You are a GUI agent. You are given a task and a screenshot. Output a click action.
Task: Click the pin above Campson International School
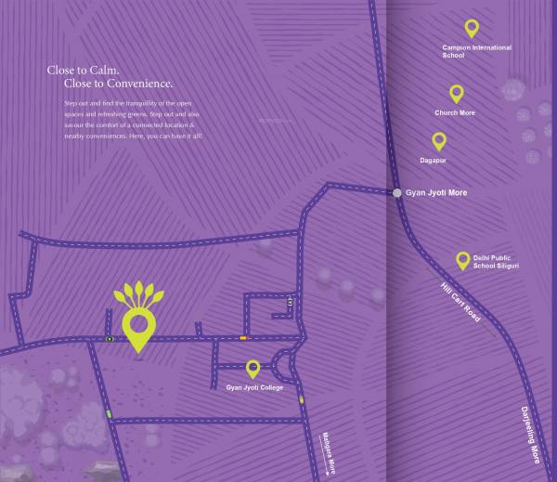point(472,28)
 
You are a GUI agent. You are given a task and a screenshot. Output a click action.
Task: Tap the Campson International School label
point(477,51)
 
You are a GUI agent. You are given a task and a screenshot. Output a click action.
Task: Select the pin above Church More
point(456,93)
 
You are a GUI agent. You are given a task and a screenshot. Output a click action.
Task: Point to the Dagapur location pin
point(439,140)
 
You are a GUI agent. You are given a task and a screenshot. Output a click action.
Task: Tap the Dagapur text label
point(434,160)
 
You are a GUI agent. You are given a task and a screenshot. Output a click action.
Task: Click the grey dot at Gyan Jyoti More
point(397,192)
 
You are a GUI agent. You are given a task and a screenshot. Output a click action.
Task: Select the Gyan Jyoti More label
point(436,193)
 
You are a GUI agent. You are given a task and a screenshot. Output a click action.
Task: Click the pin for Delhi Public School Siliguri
point(461,260)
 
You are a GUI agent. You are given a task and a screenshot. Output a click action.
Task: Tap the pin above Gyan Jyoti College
point(253,370)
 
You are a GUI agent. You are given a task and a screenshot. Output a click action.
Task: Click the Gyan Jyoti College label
point(253,387)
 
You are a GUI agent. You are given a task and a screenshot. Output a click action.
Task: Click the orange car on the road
point(243,338)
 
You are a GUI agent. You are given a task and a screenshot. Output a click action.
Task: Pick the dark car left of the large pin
point(110,339)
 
